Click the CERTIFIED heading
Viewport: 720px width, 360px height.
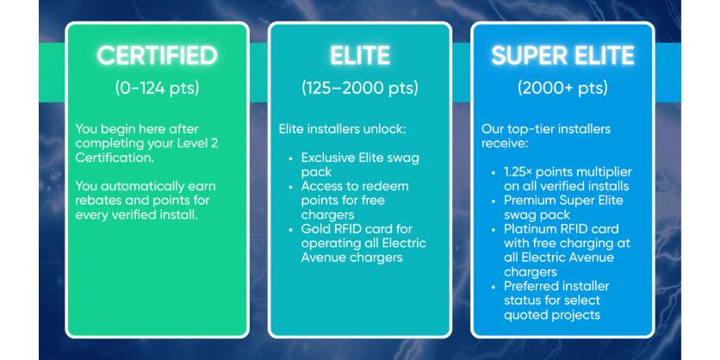[157, 56]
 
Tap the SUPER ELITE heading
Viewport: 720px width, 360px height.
[562, 56]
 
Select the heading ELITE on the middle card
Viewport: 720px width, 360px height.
[360, 56]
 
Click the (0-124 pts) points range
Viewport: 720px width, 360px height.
[157, 88]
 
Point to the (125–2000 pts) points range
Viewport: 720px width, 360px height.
[360, 88]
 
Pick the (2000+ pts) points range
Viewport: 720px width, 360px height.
[562, 88]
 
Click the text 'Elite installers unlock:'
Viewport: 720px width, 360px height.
[343, 129]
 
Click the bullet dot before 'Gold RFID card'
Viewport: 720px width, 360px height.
[290, 229]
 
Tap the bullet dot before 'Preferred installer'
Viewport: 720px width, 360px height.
[493, 287]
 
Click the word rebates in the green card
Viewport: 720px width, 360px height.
[96, 201]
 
